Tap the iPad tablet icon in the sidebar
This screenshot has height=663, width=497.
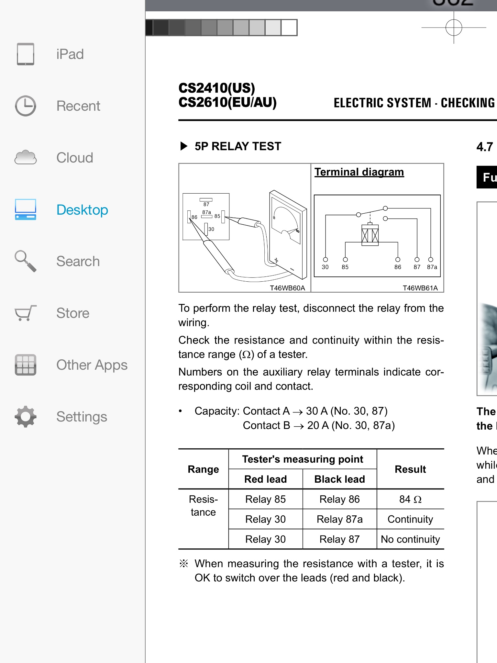pos(26,54)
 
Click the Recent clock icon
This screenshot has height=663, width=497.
pos(26,106)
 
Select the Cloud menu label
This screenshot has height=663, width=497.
pos(75,158)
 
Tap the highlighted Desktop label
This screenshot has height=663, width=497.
pos(82,210)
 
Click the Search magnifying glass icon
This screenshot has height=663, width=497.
pos(26,261)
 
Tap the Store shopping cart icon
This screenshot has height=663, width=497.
pos(26,313)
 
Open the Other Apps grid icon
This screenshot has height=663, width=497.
pos(26,365)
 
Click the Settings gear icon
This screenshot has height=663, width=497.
pos(26,417)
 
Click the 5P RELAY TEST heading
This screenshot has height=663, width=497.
pos(238,146)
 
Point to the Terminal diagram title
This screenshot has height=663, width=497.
pos(359,172)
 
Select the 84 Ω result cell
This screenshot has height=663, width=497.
pos(410,499)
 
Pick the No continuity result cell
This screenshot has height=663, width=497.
pos(410,539)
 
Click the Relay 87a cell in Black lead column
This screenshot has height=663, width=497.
pos(339,519)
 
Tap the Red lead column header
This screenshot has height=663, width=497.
pos(265,479)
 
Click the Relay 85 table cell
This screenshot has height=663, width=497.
pos(265,499)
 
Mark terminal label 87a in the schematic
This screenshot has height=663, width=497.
pos(432,267)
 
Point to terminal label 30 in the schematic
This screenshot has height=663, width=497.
pos(325,267)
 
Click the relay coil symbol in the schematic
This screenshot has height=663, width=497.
pos(370,235)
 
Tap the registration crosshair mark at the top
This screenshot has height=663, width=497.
pos(454,28)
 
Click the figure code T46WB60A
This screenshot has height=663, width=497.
pos(287,288)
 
